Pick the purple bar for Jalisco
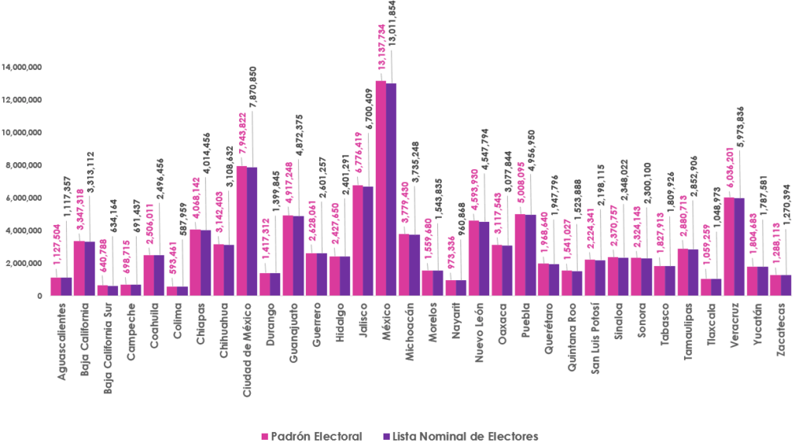[368, 241]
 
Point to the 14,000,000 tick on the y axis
[21, 67]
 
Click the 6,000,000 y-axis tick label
[23, 198]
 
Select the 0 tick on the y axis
[38, 296]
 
